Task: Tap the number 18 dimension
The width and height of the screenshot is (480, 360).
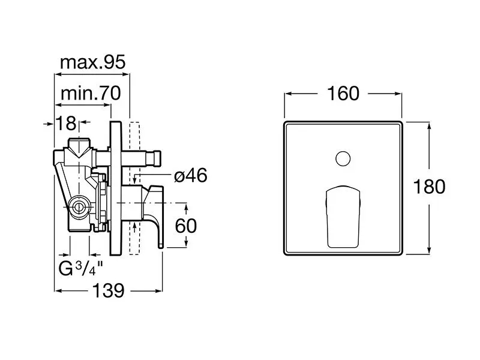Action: click(x=67, y=124)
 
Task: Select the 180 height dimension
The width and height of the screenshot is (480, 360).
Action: click(x=430, y=187)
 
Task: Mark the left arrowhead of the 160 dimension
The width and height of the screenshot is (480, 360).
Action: click(x=287, y=94)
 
